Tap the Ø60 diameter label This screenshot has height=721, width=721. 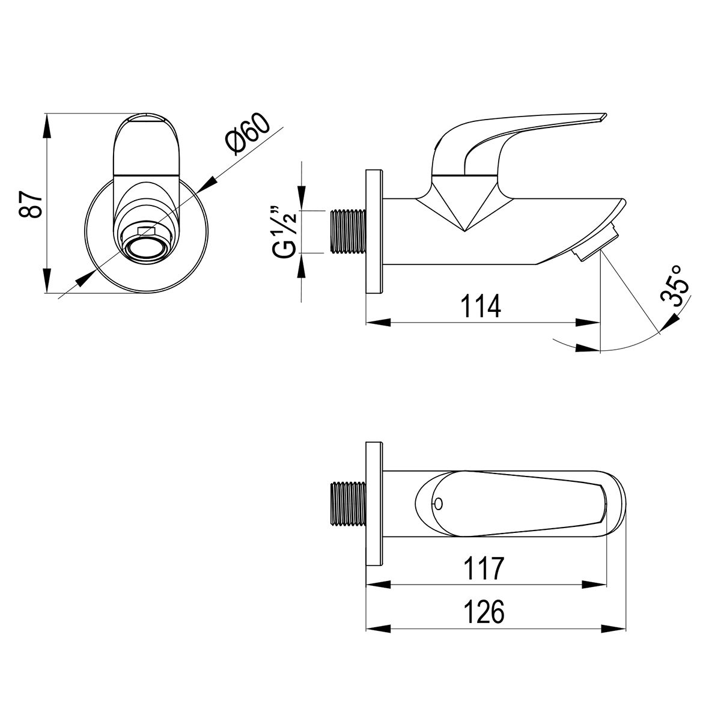248,133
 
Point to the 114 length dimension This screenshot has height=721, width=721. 481,306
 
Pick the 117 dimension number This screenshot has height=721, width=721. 484,568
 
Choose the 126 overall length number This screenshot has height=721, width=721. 484,612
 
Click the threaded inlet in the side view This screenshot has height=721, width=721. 348,231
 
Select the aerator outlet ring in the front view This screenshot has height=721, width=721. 145,248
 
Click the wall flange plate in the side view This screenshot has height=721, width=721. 374,231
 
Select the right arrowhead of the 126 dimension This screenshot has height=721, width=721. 613,628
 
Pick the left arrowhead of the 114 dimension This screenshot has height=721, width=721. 378,322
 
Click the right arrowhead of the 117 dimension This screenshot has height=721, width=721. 594,585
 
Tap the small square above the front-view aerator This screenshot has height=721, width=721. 146,231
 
